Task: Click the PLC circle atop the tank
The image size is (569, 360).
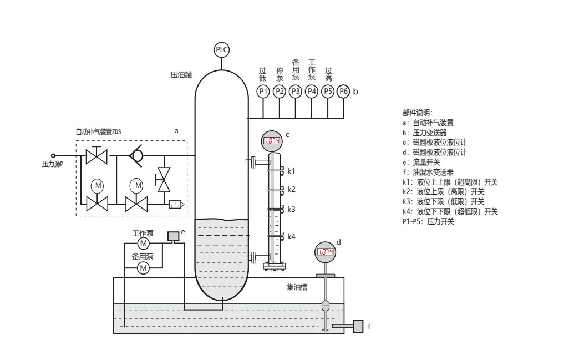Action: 222,49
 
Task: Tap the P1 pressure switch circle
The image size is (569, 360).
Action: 263,91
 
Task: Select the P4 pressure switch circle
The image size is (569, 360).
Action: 312,91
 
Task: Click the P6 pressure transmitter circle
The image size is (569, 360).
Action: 344,91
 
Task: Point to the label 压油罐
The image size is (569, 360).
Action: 181,74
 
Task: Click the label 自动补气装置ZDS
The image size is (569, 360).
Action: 98,132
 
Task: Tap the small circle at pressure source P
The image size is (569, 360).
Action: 54,156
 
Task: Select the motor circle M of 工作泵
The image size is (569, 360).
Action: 143,244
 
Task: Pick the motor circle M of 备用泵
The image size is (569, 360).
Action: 143,268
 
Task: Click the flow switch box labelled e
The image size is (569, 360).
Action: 173,236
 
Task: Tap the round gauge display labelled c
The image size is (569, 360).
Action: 271,141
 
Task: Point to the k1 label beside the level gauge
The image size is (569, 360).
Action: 291,170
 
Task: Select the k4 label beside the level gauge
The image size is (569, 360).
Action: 291,236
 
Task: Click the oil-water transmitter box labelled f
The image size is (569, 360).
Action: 358,326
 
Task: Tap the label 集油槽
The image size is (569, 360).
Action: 297,287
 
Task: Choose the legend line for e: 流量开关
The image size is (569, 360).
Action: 421,162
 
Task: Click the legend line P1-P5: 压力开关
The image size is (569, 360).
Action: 428,221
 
